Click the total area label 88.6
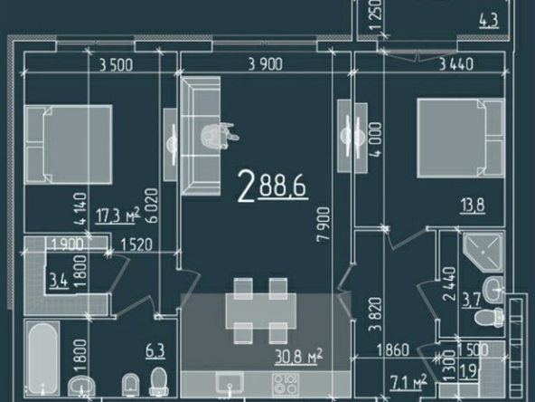[x=283, y=186]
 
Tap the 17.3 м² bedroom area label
[x=117, y=215]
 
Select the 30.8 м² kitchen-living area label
[x=299, y=357]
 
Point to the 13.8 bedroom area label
[x=473, y=206]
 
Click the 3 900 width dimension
[x=266, y=64]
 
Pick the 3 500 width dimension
[x=116, y=64]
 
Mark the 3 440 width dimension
[x=455, y=64]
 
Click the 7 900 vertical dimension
[x=324, y=225]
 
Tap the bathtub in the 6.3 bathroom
[x=42, y=358]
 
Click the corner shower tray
[x=483, y=252]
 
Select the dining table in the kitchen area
[x=261, y=311]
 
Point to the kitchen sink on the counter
[x=230, y=382]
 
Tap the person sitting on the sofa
[x=219, y=136]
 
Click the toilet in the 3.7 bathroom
[x=489, y=317]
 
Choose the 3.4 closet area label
[x=59, y=281]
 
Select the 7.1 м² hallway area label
[x=408, y=382]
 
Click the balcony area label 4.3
[x=489, y=21]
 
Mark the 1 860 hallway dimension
[x=393, y=350]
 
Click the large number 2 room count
[x=246, y=187]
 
